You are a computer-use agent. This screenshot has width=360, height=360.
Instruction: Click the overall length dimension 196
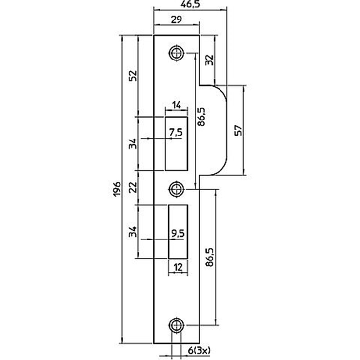point(118,189)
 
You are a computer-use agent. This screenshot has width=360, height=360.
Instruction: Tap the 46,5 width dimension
point(190,4)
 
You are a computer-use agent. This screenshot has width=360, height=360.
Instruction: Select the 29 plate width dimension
point(177,20)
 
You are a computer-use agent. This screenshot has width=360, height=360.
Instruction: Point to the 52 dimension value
point(133,76)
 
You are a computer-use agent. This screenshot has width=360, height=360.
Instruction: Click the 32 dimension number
point(209,60)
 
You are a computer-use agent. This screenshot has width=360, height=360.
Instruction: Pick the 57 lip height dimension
point(239,130)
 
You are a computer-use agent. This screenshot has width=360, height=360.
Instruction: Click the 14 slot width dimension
point(176,105)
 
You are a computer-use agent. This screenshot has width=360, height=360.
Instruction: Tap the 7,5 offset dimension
point(176,133)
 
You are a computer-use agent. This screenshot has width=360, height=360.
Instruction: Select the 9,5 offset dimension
point(178,234)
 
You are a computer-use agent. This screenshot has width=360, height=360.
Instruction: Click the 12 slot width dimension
point(178,267)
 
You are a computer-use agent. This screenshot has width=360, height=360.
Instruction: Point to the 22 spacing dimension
point(133,187)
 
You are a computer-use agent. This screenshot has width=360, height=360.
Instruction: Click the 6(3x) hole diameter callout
point(199,350)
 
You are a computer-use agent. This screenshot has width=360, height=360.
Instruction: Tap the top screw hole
point(176,53)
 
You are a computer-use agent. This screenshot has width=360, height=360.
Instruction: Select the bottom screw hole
point(176,325)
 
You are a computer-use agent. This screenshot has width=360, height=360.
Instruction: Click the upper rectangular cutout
point(176,144)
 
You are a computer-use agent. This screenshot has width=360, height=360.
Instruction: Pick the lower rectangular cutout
point(178,232)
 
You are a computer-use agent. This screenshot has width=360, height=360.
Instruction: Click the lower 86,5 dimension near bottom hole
point(210,257)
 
